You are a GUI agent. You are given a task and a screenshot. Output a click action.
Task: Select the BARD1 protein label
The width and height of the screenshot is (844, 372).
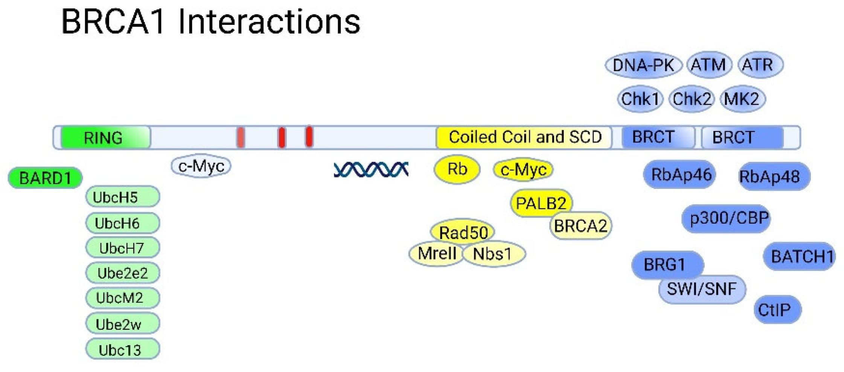(45, 178)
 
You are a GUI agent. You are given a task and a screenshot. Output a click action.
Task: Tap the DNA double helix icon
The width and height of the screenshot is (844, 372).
(371, 169)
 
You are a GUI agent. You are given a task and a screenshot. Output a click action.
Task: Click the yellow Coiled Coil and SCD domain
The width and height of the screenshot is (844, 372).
(524, 137)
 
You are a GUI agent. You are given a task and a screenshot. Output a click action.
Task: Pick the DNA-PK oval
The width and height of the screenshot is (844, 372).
(643, 65)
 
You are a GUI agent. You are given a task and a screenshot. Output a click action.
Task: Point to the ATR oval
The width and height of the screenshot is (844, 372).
(760, 65)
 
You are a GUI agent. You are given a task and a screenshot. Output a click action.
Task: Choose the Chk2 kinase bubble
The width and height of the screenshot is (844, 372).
(691, 99)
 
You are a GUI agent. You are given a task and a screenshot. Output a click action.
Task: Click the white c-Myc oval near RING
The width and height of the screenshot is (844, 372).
(201, 166)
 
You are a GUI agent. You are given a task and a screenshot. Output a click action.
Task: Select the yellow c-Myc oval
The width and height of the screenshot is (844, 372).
(523, 169)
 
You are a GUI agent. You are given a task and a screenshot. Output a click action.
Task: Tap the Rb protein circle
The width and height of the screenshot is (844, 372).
(457, 169)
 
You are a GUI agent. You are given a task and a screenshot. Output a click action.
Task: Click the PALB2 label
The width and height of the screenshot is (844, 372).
(541, 203)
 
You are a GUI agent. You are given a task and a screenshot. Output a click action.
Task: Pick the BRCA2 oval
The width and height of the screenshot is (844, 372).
(580, 226)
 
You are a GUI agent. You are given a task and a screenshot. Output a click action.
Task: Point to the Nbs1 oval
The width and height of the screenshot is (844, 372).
(493, 254)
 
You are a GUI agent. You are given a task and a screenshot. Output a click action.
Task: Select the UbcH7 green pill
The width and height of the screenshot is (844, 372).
(122, 248)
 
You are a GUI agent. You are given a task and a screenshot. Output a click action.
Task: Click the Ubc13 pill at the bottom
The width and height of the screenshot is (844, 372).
(122, 350)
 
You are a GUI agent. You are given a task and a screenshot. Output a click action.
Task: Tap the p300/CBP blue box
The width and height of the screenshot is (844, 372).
(726, 218)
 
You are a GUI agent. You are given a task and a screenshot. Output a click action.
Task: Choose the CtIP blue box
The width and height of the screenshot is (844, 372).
(777, 310)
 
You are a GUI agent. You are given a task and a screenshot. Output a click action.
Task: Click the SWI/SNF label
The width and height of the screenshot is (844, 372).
(702, 289)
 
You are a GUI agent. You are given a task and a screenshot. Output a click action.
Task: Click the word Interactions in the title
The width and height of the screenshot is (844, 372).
(269, 22)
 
